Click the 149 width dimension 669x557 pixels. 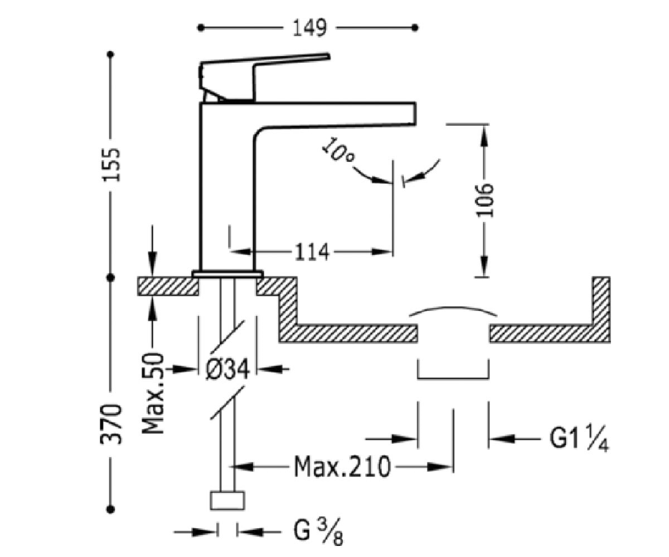(x=310, y=28)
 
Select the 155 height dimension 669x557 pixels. (x=111, y=165)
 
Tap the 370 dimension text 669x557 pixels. (x=111, y=424)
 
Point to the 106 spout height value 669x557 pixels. (x=484, y=201)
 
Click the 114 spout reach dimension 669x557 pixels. (x=312, y=252)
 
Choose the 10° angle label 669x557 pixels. (x=338, y=150)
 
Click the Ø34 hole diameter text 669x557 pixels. (x=227, y=369)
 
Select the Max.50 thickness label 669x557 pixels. (x=153, y=393)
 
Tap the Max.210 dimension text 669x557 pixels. (x=342, y=467)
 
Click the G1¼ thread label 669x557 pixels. (x=579, y=438)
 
